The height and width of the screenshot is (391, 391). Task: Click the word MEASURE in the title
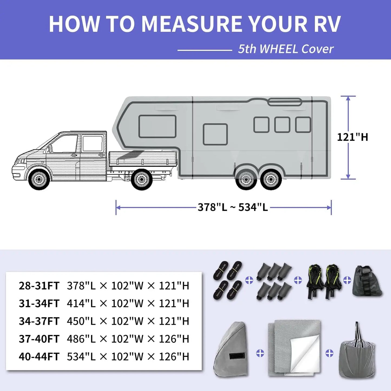(192, 24)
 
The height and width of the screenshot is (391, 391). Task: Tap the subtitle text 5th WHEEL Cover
(285, 49)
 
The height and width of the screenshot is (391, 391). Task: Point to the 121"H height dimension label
(352, 137)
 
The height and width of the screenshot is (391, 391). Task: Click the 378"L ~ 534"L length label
(233, 208)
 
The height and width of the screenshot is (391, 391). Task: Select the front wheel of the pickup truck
(39, 179)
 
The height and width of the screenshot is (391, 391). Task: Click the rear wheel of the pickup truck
(141, 179)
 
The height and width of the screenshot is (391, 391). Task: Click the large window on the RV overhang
(157, 126)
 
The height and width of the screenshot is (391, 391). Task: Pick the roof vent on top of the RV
(285, 102)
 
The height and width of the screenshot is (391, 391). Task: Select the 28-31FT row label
(39, 286)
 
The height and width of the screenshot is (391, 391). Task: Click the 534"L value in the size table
(81, 357)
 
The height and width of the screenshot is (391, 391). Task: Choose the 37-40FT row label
(39, 339)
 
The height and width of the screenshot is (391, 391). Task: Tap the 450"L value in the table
(81, 321)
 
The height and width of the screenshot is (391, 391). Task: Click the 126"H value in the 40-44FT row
(174, 357)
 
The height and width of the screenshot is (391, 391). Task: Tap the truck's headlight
(21, 162)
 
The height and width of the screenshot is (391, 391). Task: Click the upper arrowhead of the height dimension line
(348, 98)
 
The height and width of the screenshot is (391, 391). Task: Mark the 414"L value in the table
(81, 304)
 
